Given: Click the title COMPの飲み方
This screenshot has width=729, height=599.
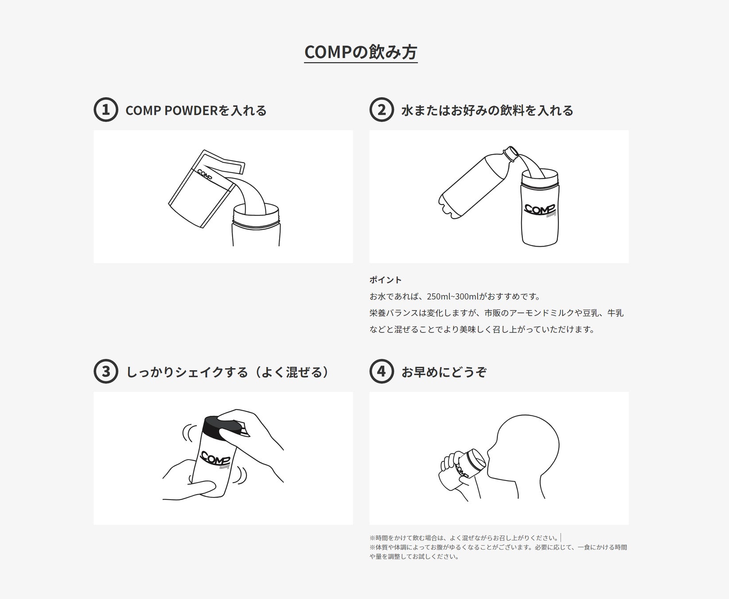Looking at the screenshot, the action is click(x=361, y=52).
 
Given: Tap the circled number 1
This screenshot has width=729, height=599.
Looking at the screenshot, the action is click(x=106, y=110).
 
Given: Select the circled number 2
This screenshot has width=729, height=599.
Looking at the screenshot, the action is click(x=382, y=110).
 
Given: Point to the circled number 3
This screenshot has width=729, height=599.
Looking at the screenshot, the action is click(x=106, y=371).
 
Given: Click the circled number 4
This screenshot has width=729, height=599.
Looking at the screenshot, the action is click(x=382, y=371).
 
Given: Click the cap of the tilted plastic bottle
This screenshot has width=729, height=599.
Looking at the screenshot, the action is click(x=513, y=152).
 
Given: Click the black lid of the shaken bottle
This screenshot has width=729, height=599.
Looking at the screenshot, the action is click(x=224, y=426).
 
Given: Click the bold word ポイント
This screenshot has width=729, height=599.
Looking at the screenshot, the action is click(x=386, y=280).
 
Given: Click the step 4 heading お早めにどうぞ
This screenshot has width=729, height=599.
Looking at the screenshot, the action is click(x=444, y=372).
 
